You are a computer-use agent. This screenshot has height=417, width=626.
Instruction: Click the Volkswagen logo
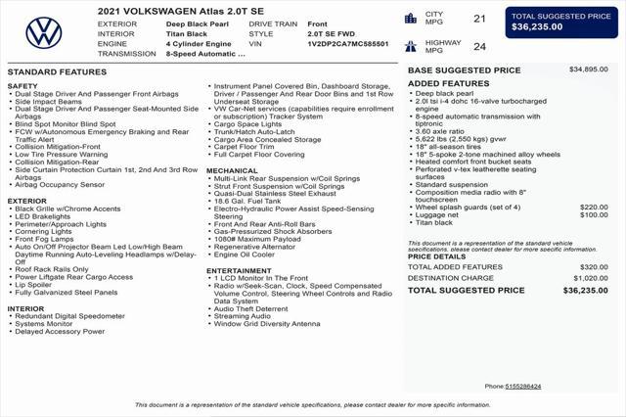tap(43, 34)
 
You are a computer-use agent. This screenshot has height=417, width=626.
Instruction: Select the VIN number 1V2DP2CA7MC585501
tap(347, 44)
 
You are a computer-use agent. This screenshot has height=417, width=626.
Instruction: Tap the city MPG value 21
tap(479, 19)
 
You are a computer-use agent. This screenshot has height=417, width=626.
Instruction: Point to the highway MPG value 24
tap(479, 46)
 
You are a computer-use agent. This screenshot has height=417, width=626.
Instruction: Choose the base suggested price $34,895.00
tap(589, 69)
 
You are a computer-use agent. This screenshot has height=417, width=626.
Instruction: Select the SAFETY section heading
tap(22, 86)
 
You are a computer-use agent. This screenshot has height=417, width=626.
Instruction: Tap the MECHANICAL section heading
tap(232, 170)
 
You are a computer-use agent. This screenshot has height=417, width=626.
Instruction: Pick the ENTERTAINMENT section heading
tap(239, 270)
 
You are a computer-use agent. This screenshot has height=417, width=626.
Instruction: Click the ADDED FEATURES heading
tap(448, 83)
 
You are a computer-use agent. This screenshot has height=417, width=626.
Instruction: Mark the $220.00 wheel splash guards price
tap(594, 208)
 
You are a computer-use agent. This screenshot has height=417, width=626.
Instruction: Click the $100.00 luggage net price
tap(594, 215)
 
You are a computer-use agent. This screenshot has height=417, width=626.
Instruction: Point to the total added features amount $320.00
tap(594, 266)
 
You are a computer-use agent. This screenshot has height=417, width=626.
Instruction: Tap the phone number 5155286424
tap(523, 386)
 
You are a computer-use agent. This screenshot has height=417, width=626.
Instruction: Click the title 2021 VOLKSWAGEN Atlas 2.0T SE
tap(180, 9)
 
